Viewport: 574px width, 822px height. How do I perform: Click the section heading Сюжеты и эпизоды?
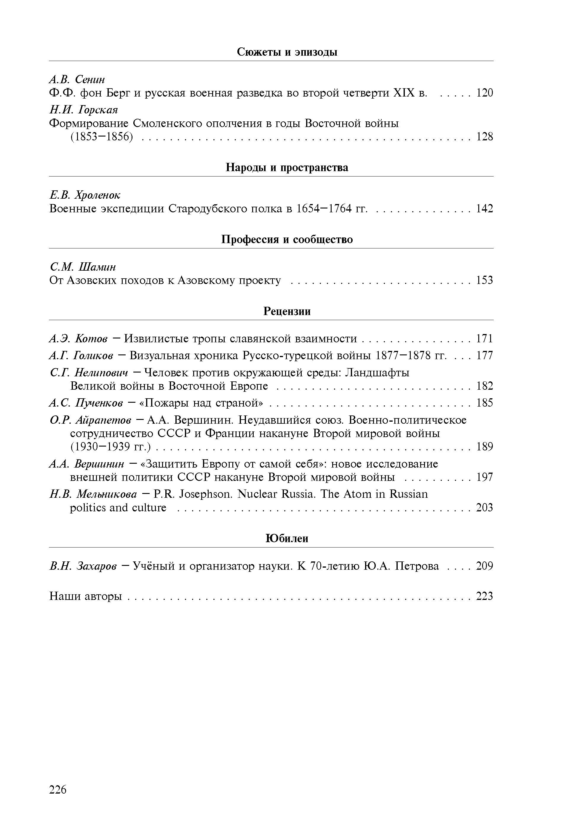pos(287,52)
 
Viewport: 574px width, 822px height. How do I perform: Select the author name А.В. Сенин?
pos(77,79)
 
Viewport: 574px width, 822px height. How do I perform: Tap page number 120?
pos(485,93)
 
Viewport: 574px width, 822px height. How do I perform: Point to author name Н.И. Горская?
pos(83,109)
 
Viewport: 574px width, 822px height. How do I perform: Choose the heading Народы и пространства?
pos(287,168)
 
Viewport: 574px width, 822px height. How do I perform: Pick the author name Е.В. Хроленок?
pos(84,195)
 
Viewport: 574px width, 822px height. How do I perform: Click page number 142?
pos(485,208)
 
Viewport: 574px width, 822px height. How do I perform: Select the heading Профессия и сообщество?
pos(287,239)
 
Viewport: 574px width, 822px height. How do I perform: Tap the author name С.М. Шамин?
pos(82,267)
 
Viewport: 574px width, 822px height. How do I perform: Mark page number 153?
pos(485,280)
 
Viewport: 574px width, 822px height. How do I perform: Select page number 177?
pos(485,356)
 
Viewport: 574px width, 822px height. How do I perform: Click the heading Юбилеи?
pos(287,538)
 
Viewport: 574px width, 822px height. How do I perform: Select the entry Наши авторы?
pos(85,596)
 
